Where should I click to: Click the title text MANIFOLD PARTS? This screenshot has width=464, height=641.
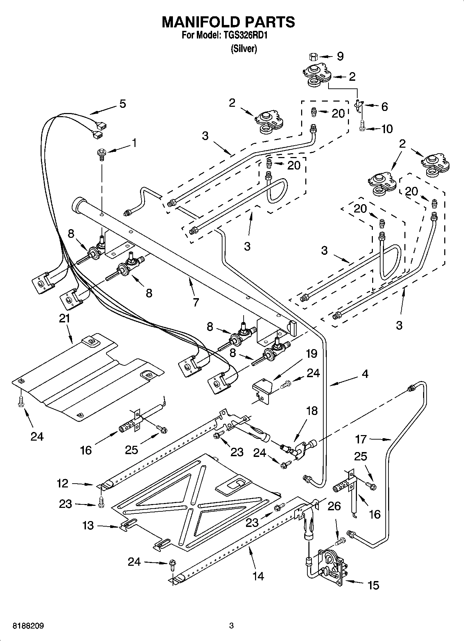228,22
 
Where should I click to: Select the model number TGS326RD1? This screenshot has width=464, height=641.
246,35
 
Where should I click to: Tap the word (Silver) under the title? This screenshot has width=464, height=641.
244,49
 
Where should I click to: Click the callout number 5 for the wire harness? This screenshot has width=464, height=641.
122,104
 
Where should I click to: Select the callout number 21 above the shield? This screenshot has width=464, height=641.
64,318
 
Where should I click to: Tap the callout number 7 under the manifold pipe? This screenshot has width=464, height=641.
196,302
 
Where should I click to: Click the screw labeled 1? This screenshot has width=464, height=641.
102,154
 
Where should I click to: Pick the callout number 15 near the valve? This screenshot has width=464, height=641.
373,586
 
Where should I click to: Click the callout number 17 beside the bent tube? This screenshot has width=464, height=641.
361,439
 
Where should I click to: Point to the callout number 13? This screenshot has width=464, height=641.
88,525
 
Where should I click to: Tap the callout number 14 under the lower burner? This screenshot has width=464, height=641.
258,576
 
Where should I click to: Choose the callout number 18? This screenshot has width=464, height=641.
312,411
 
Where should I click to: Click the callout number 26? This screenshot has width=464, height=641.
334,506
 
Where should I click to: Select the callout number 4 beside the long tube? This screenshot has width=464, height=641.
365,374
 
